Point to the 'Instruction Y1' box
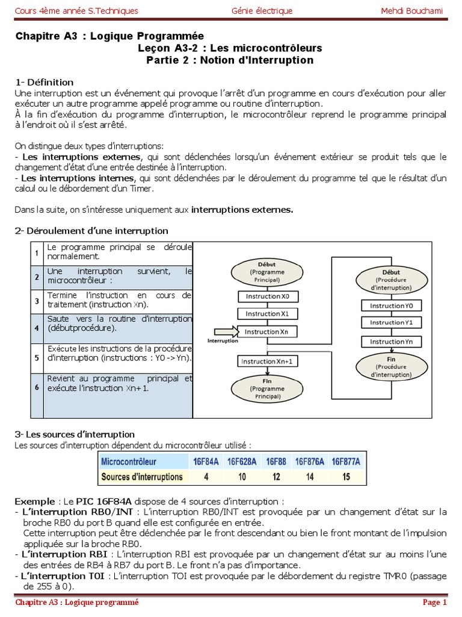coord(391,323)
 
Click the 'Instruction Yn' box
coord(391,342)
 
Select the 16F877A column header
coord(346,462)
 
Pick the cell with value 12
coord(276,477)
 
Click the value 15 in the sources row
coord(346,477)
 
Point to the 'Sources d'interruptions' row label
coord(141,477)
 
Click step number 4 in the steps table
coord(37,328)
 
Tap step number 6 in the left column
coord(37,387)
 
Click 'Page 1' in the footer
coord(434,602)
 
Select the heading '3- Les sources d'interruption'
coord(75,434)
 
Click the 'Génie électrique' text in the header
coord(262,11)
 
